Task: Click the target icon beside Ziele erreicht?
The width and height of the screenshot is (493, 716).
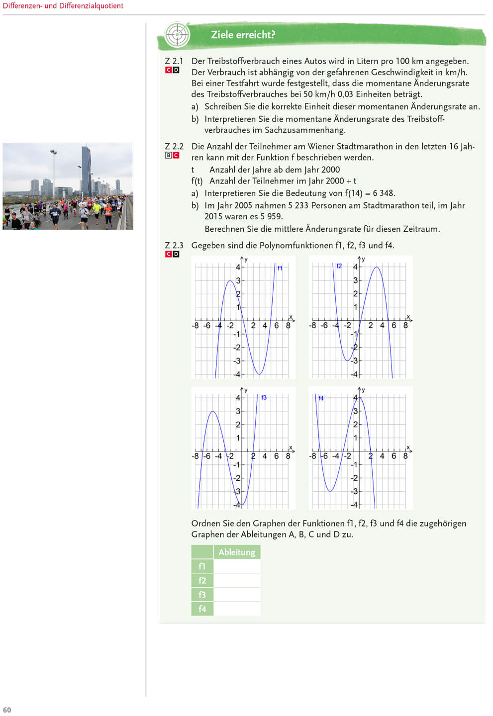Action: pyautogui.click(x=177, y=35)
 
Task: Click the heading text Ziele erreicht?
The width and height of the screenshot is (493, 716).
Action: pyautogui.click(x=243, y=35)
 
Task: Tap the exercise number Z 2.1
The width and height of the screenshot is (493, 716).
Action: pyautogui.click(x=174, y=61)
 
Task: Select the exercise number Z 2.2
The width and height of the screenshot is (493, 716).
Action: pyautogui.click(x=174, y=147)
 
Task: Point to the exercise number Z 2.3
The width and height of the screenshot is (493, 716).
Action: pyautogui.click(x=174, y=246)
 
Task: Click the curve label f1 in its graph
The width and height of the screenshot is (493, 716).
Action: pyautogui.click(x=280, y=268)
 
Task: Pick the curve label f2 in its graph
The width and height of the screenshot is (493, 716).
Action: pyautogui.click(x=339, y=266)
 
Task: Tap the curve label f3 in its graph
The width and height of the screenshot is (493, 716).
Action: pyautogui.click(x=264, y=397)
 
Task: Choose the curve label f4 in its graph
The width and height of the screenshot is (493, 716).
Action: pyautogui.click(x=321, y=398)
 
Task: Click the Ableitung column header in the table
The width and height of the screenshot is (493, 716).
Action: pyautogui.click(x=237, y=552)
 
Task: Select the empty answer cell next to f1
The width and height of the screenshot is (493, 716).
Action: pyautogui.click(x=237, y=566)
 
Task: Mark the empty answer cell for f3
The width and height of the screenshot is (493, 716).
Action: pyautogui.click(x=237, y=595)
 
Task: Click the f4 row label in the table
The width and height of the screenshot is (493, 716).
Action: pyautogui.click(x=202, y=609)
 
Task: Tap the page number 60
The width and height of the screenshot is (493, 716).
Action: pyautogui.click(x=7, y=710)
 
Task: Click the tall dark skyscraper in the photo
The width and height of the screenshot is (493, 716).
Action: pyautogui.click(x=86, y=169)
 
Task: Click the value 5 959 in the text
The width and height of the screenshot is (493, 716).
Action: pyautogui.click(x=271, y=216)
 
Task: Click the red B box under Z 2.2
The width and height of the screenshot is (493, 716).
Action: pyautogui.click(x=168, y=155)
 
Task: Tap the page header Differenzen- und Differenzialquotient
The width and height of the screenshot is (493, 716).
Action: pyautogui.click(x=63, y=6)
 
